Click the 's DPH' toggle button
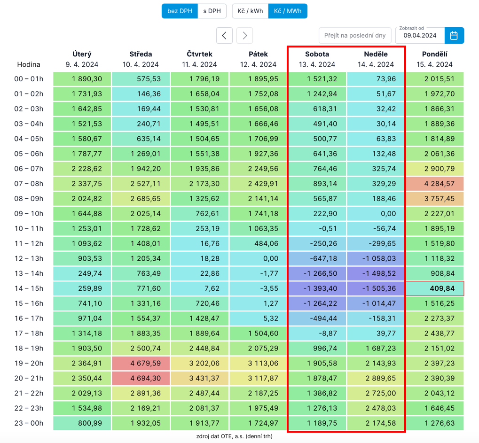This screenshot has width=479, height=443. click(212, 11)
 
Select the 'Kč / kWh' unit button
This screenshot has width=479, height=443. click(250, 11)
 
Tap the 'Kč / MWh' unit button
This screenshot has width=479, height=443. click(288, 11)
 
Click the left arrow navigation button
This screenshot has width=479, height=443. click(225, 35)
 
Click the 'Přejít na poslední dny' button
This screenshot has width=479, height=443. click(355, 35)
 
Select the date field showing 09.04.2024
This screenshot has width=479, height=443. click(420, 35)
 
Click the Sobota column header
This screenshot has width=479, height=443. click(317, 59)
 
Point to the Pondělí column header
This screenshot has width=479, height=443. click(434, 59)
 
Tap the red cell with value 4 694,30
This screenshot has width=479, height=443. click(141, 379)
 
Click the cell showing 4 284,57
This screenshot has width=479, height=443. click(434, 184)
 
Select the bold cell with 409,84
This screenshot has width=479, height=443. click(434, 288)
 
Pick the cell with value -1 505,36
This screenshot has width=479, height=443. click(376, 288)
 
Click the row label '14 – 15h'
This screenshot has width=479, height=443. click(29, 288)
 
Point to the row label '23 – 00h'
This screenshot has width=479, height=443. click(29, 423)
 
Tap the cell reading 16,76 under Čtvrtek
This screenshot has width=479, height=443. click(200, 244)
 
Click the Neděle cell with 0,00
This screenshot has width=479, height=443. click(376, 214)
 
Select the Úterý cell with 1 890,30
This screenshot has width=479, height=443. click(82, 79)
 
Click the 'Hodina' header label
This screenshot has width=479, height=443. click(29, 64)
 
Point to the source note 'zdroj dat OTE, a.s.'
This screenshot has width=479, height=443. click(234, 436)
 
